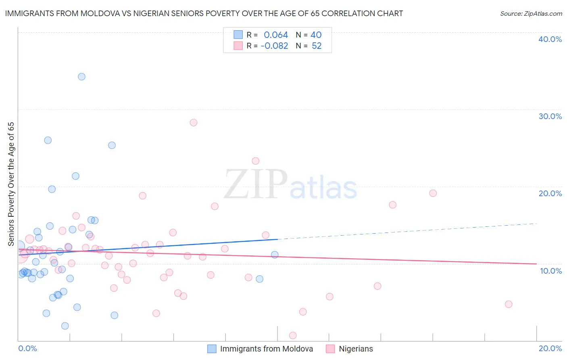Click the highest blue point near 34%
pyautogui.click(x=81, y=77)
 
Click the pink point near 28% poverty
pyautogui.click(x=194, y=123)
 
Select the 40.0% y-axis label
pyautogui.click(x=550, y=39)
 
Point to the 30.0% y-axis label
pyautogui.click(x=550, y=116)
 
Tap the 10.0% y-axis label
pyautogui.click(x=550, y=271)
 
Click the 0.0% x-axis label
pyautogui.click(x=27, y=349)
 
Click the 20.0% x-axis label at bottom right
pyautogui.click(x=550, y=349)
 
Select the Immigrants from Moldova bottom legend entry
pyautogui.click(x=266, y=349)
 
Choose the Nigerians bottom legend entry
pyautogui.click(x=356, y=349)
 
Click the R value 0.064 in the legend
pyautogui.click(x=276, y=35)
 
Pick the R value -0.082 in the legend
pyautogui.click(x=274, y=46)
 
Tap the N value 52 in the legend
pyautogui.click(x=317, y=46)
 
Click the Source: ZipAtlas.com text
pyautogui.click(x=531, y=13)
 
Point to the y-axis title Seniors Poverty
pyautogui.click(x=11, y=184)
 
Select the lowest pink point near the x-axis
pyautogui.click(x=293, y=336)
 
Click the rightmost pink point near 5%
pyautogui.click(x=508, y=304)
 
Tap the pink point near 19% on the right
pyautogui.click(x=433, y=193)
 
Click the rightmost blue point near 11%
pyautogui.click(x=275, y=255)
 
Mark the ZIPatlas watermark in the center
pyautogui.click(x=290, y=185)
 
